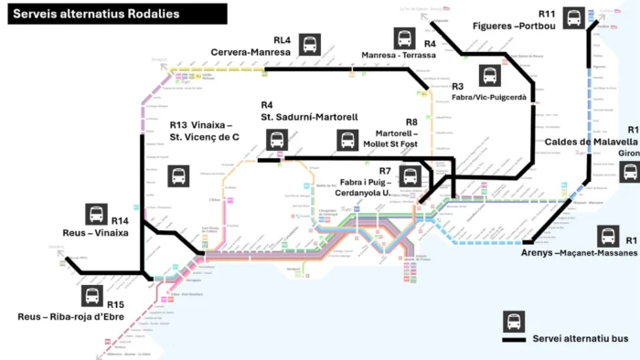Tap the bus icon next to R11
click(573, 17)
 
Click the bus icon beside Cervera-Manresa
click(312, 44)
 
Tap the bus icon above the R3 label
click(491, 76)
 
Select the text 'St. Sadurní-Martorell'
click(309, 118)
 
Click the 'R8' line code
click(411, 122)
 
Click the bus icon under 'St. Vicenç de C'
click(179, 176)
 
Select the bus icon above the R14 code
click(96, 214)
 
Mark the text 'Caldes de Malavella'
click(591, 143)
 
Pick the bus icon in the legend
click(515, 322)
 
